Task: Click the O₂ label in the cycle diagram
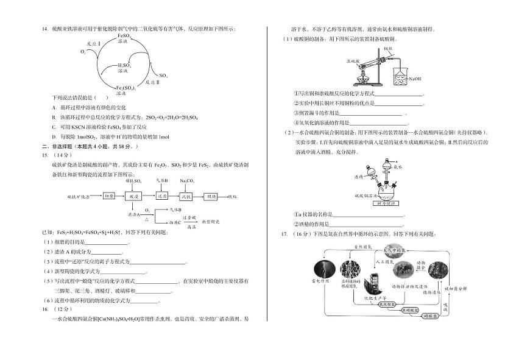[x=83, y=52]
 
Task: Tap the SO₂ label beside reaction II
[x=163, y=76]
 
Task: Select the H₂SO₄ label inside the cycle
[x=124, y=67]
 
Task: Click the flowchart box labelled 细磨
[x=109, y=196]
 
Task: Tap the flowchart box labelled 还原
[x=161, y=196]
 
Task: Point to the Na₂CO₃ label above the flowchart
[x=187, y=180]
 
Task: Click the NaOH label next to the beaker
[x=415, y=79]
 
